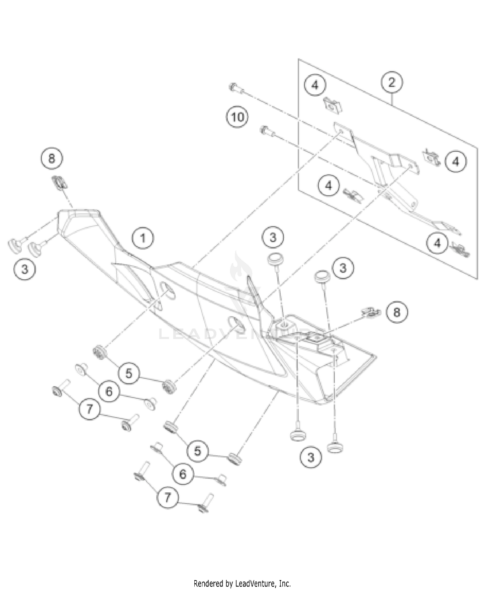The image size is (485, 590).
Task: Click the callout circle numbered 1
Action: [143, 238]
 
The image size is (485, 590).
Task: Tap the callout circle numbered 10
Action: [237, 117]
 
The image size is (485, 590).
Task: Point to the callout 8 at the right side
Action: [396, 312]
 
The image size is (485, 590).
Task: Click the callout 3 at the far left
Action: [25, 269]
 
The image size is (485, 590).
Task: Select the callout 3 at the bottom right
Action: [311, 457]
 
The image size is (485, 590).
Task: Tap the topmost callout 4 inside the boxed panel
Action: [315, 85]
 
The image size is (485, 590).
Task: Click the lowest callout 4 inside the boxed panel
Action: [437, 243]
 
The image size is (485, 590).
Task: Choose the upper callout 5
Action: [129, 373]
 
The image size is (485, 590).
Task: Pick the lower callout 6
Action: [183, 474]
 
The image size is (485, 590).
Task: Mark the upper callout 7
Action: [90, 409]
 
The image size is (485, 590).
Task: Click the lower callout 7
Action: [167, 497]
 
